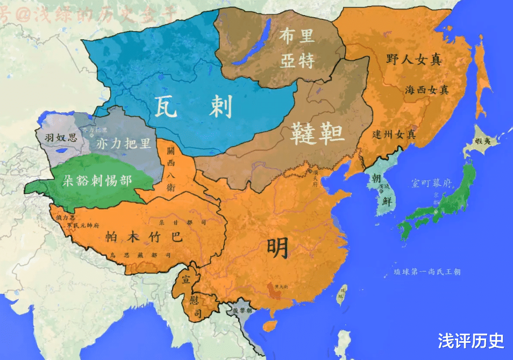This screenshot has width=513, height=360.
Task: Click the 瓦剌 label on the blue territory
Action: click(194, 106)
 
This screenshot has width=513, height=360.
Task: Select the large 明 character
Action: click(279, 247)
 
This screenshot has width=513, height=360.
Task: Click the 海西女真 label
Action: click(426, 90)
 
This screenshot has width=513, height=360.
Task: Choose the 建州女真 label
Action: click(394, 134)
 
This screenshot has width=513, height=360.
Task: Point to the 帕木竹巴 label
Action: click(144, 237)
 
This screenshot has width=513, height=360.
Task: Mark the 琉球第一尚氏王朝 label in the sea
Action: click(427, 272)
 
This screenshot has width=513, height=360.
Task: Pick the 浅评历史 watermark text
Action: click(471, 341)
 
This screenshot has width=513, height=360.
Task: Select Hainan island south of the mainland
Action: click(269, 325)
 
